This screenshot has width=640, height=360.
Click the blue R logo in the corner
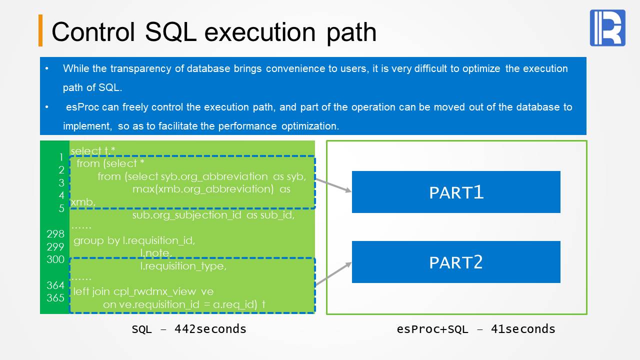coord(607,28)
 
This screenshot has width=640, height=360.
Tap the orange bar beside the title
coord(40,30)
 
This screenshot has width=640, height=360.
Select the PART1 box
coord(456,192)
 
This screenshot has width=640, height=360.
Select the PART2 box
coord(456,262)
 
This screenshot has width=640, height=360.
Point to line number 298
coord(55,234)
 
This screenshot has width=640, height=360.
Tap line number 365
coord(55,298)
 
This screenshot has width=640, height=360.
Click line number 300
coord(55,259)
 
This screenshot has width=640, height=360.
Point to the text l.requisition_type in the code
coord(183,266)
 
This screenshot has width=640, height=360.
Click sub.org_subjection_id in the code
coord(188,215)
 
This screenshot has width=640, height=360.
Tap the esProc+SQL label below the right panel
coord(429,329)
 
